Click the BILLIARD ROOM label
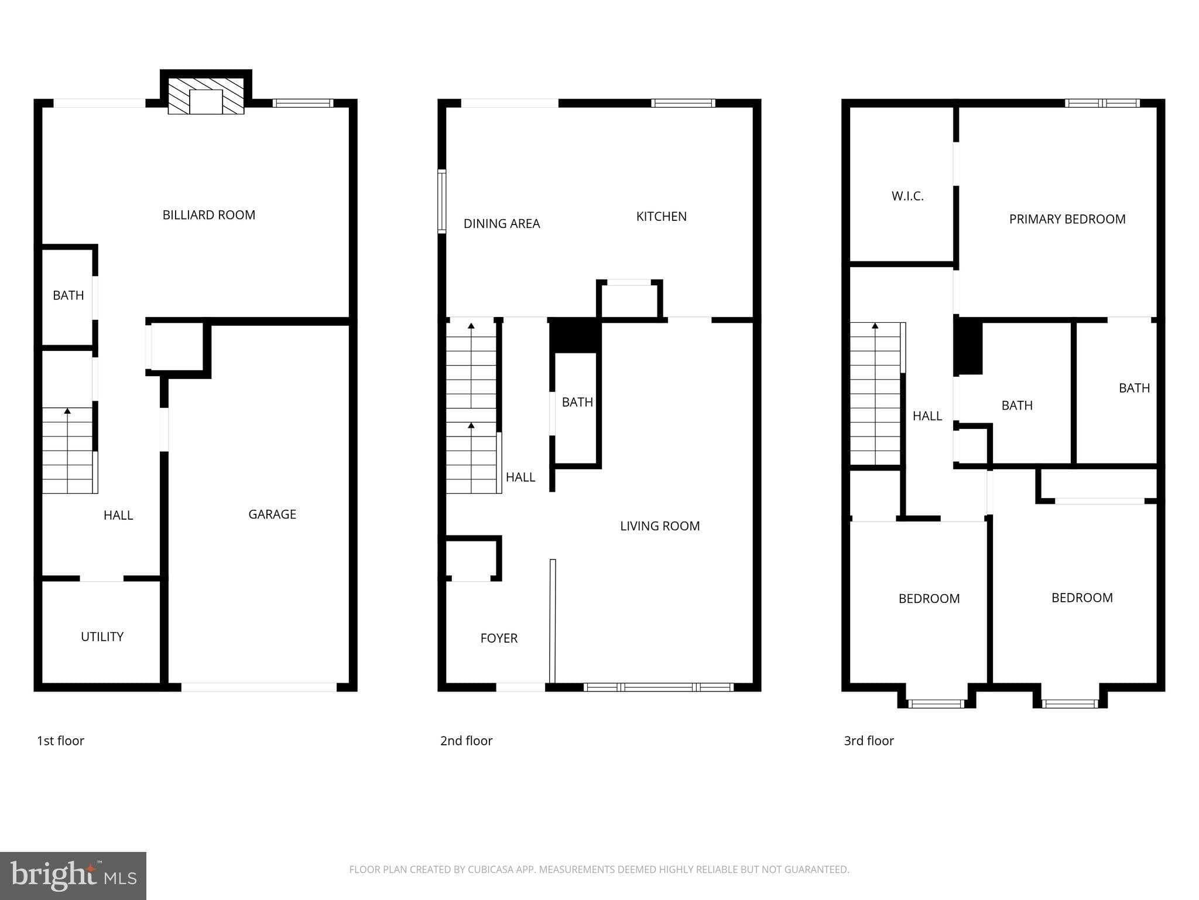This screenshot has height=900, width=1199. click(208, 215)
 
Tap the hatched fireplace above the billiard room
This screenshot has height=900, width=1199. click(206, 97)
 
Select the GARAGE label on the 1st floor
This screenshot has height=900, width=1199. click(272, 514)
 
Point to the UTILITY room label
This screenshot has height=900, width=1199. click(102, 637)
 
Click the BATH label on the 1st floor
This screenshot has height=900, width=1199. click(68, 295)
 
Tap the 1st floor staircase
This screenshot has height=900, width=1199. click(67, 451)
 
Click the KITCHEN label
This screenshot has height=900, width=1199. click(661, 216)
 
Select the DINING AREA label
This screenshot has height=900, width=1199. click(501, 224)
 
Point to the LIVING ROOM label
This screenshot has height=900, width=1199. click(659, 526)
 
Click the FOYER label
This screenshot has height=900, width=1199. click(498, 639)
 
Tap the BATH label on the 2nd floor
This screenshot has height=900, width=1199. click(577, 403)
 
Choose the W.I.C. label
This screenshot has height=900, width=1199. click(907, 196)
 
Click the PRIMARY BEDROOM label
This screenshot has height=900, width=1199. click(1067, 219)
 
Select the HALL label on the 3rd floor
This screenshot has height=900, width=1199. click(927, 416)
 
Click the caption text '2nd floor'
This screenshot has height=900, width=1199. click(466, 741)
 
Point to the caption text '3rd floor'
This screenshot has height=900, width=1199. click(868, 741)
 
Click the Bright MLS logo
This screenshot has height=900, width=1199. click(73, 875)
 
